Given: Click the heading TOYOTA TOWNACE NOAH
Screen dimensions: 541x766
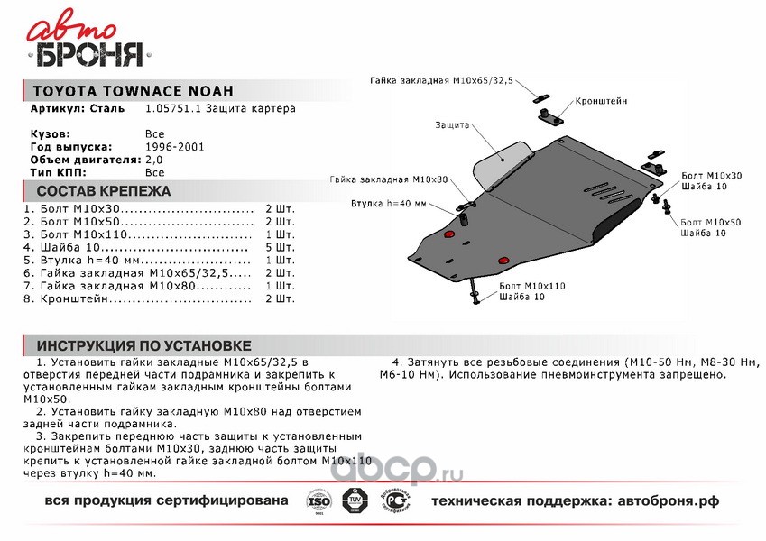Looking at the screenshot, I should coord(133,91).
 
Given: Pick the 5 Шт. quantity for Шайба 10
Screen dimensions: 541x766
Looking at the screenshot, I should coord(280,246).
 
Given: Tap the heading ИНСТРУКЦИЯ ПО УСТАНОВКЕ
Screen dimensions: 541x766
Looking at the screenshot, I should coord(144,346).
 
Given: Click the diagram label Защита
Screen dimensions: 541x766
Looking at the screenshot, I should coord(452,125).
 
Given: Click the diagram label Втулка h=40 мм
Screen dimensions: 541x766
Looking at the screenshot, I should coord(388,204).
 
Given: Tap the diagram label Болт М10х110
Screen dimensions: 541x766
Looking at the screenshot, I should coord(531,286).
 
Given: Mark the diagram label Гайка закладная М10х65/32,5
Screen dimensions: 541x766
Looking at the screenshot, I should coord(441,80).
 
